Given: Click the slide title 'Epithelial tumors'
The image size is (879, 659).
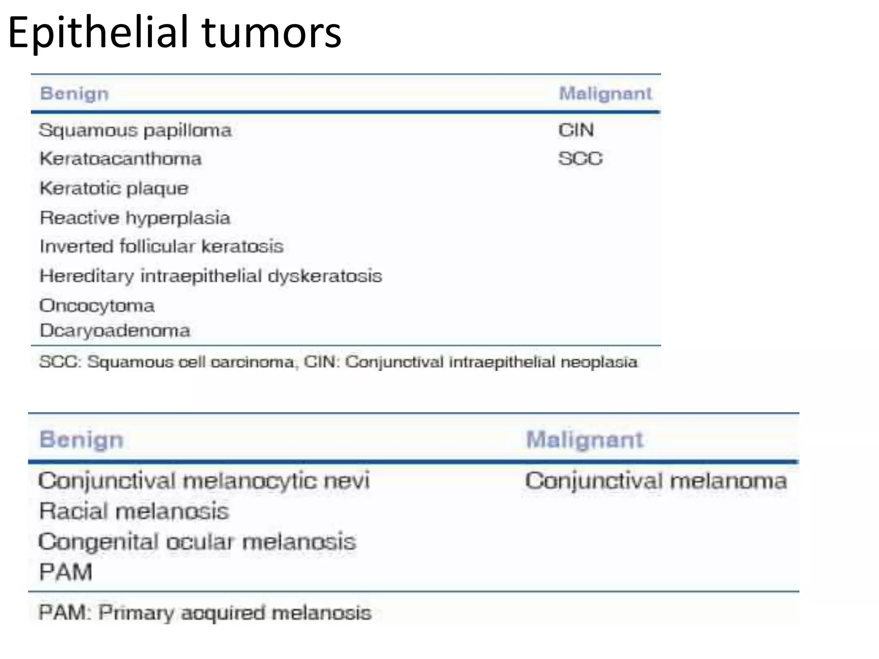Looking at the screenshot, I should tap(175, 33).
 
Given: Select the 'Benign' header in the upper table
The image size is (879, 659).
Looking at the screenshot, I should tap(74, 94).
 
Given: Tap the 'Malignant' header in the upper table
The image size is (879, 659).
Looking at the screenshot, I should tap(605, 94).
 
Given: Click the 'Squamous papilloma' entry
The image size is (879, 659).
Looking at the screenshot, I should tap(135, 130).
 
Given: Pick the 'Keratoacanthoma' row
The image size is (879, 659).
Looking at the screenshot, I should tap(121, 159).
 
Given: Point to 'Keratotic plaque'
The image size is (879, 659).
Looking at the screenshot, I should tap(114, 188).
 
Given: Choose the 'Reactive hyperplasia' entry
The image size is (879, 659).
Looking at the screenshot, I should tap(135, 218).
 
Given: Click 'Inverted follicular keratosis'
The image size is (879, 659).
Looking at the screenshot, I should tap(162, 247).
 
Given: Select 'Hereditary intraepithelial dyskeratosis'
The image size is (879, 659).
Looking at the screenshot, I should tap(211, 276).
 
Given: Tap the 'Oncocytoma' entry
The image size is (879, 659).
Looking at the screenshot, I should tap(97, 305).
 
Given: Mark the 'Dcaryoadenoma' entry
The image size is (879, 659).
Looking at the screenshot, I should tap(115, 331).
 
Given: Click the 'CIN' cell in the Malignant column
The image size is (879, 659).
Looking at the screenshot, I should tap(576, 130).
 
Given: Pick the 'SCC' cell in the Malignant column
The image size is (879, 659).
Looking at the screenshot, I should tap(580, 159).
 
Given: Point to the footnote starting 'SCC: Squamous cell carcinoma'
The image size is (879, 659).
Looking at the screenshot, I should tap(338, 362).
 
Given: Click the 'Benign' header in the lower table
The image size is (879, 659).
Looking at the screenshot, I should tap(82, 440).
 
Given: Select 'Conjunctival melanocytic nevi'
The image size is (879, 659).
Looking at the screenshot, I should tap(204, 481).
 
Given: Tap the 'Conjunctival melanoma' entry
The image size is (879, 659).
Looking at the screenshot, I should tap(656, 481).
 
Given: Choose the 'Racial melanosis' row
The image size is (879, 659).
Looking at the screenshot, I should tap(134, 511).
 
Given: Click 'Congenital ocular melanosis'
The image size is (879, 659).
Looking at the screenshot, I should tap(197, 542).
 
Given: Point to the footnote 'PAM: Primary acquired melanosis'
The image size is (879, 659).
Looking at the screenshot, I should tap(205, 613).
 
